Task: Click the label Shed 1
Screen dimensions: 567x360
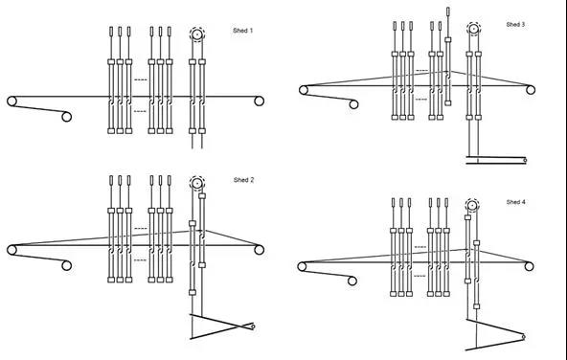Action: (x=242, y=31)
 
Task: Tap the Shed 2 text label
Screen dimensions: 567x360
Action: (x=243, y=180)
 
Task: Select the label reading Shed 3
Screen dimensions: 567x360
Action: (x=515, y=25)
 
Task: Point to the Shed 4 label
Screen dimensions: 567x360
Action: (x=515, y=202)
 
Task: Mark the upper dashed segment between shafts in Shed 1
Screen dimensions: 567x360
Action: (x=141, y=79)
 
